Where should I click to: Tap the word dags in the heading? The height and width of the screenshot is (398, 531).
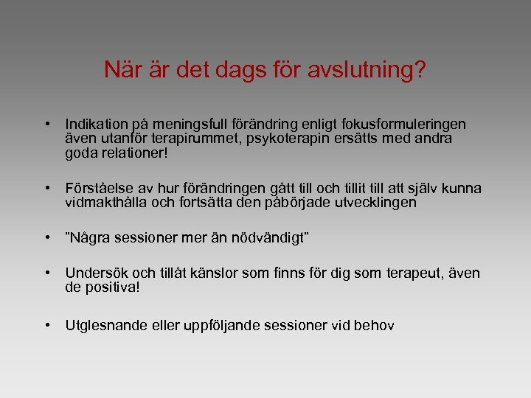[244, 71]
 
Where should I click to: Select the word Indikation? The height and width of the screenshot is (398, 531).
[96, 125]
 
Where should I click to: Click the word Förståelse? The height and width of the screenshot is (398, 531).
[100, 188]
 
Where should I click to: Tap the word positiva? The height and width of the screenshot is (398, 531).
[112, 287]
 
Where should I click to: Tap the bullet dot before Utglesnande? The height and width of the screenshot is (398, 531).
[47, 323]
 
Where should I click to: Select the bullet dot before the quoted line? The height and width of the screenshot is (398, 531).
[47, 237]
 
